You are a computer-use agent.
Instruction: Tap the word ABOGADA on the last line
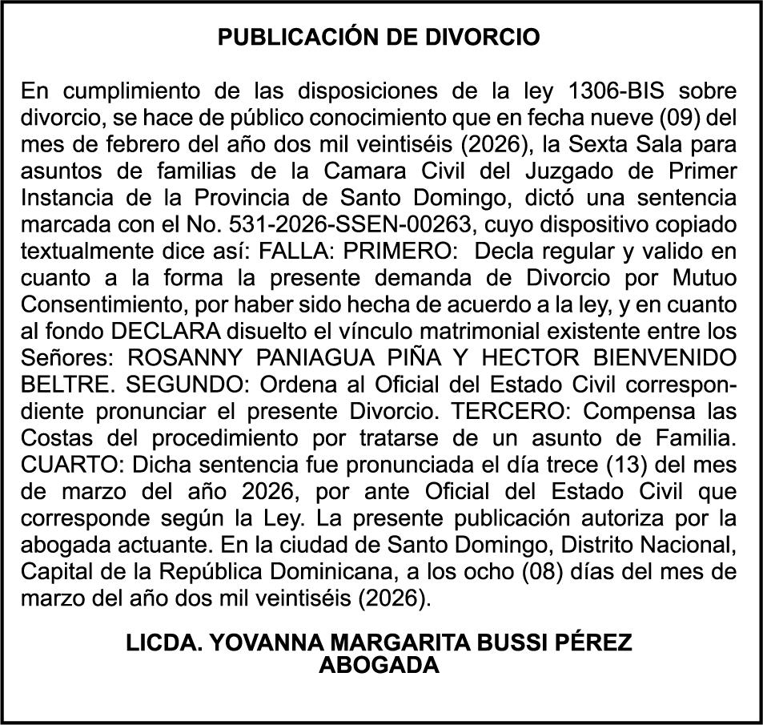click(x=380, y=665)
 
